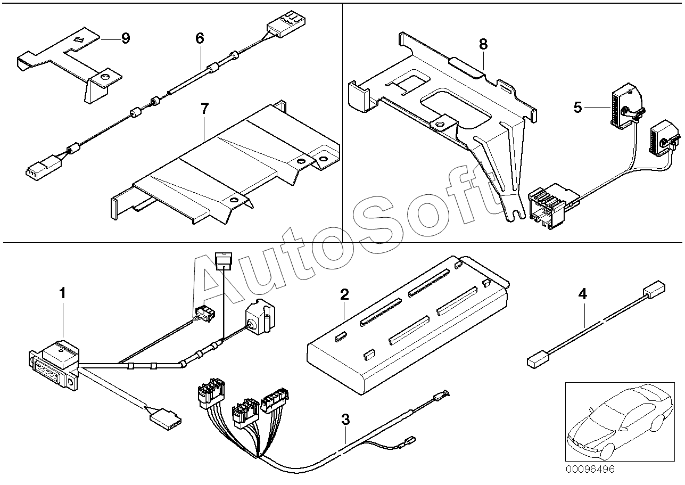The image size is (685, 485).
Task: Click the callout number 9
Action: (126, 38)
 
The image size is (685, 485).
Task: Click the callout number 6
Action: (200, 38)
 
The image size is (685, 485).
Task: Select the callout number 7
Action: (205, 109)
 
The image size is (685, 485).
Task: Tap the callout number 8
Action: (483, 45)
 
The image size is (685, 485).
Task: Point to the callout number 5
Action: (578, 108)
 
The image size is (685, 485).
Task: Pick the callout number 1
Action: (63, 293)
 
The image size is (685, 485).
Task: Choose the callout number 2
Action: (344, 294)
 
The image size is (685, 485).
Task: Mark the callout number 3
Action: (345, 420)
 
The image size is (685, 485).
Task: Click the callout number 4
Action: (583, 294)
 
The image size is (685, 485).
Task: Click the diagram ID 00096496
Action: (591, 470)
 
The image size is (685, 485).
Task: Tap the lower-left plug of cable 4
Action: (534, 361)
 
